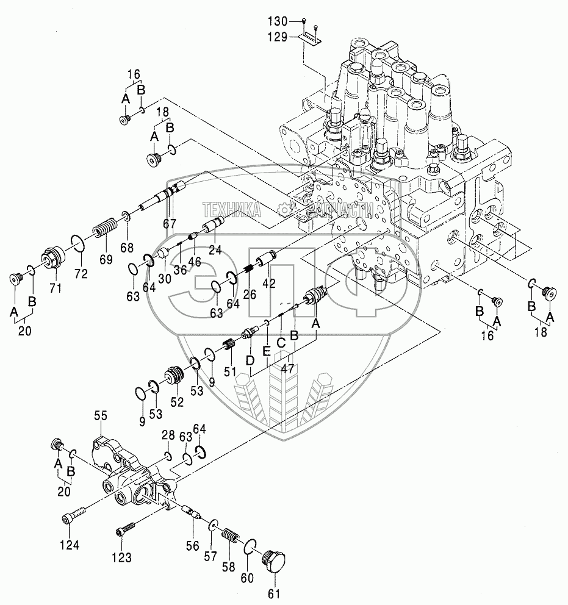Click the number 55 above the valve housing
(x=100, y=416)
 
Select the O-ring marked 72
(x=76, y=244)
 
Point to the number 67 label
(x=169, y=224)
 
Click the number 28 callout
(x=168, y=434)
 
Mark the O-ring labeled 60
(x=250, y=547)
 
